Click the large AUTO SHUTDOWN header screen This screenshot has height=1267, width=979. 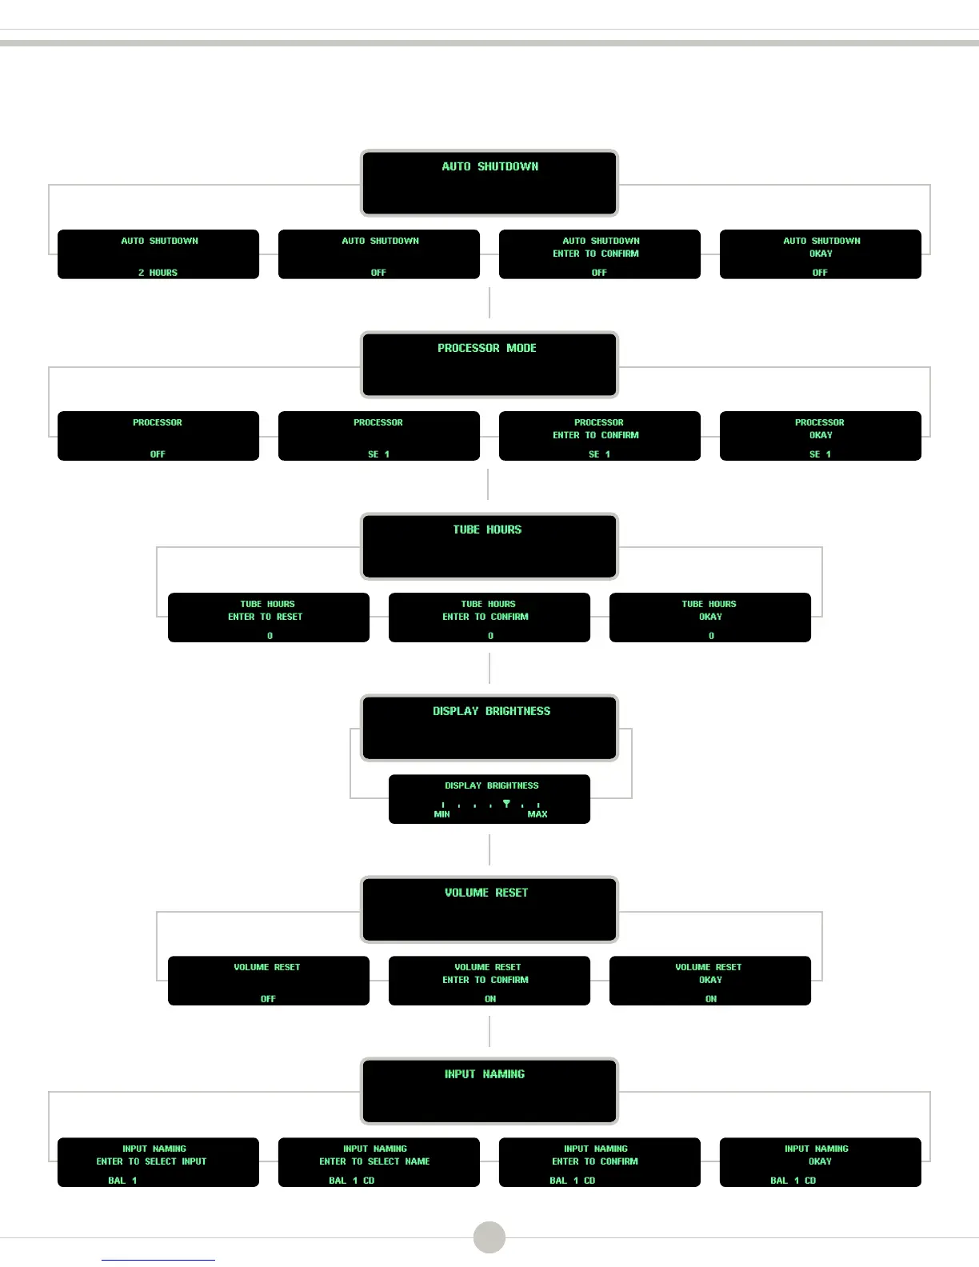[489, 183]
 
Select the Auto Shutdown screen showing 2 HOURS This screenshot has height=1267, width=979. [158, 254]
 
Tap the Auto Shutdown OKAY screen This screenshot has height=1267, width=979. [821, 254]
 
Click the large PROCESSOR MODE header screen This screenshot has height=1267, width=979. [489, 365]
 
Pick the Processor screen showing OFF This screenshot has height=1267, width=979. [158, 436]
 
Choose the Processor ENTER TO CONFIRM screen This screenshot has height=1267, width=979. [600, 436]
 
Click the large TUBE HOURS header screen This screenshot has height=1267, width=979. [489, 546]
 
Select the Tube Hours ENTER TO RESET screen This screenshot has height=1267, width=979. [269, 618]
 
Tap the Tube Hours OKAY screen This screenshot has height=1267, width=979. [710, 618]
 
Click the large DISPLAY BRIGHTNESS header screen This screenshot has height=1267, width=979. [489, 728]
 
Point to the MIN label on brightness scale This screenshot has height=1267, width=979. [442, 814]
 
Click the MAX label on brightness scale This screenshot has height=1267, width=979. [537, 814]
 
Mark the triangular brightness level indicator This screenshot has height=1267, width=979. [506, 803]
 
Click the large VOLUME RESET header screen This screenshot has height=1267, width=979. [489, 909]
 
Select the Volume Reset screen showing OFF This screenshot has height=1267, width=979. [269, 981]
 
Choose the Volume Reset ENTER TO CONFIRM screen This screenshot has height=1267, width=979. [489, 981]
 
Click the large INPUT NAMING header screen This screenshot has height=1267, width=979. [489, 1091]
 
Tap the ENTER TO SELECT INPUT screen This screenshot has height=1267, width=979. [158, 1162]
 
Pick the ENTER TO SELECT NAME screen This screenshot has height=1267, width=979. [379, 1162]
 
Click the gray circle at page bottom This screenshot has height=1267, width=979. [489, 1237]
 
